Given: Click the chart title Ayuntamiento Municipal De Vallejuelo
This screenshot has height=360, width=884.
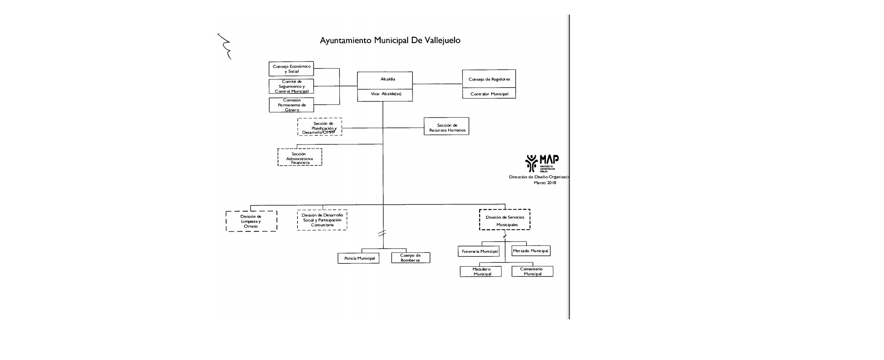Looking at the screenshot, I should [x=390, y=40].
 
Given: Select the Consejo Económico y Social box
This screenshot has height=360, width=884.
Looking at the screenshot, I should [x=291, y=69].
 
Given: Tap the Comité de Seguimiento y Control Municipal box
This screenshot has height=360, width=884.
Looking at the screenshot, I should [x=291, y=86].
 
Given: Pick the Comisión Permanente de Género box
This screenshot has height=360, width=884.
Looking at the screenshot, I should [x=291, y=105].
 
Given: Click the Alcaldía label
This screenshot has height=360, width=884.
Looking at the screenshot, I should [x=385, y=79].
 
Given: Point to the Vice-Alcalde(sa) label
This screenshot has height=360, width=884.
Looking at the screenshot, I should [x=385, y=94].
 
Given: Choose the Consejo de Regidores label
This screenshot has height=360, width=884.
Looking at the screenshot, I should [x=489, y=79].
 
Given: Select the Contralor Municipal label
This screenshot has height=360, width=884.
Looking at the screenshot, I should [x=489, y=94].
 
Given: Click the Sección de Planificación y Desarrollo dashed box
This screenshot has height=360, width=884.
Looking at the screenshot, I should [x=320, y=127].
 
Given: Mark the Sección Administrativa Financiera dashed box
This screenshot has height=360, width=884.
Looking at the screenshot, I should [x=300, y=157].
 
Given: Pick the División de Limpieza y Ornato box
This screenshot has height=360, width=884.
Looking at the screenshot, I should [x=251, y=221].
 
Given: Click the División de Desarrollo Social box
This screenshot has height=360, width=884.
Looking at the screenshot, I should [x=322, y=220].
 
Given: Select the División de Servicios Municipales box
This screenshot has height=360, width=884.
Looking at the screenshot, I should [x=505, y=220].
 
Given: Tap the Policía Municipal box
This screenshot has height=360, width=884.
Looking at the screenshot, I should [x=358, y=258].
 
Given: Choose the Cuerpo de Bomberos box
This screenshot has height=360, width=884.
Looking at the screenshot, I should [x=411, y=258].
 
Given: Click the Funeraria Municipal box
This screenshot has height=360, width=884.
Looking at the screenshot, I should [x=479, y=251].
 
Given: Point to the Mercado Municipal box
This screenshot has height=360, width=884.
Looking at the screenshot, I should [x=531, y=251].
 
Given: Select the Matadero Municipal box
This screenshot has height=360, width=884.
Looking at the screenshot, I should [x=481, y=272].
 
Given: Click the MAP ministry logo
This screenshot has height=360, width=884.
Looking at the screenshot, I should [x=542, y=163].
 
